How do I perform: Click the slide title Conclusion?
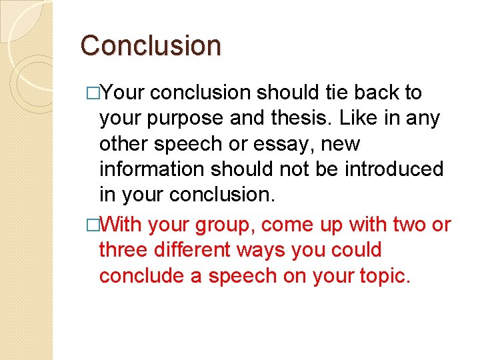point(151,46)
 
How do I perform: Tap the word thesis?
point(303,118)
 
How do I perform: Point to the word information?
point(151,169)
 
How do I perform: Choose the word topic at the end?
point(385,276)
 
